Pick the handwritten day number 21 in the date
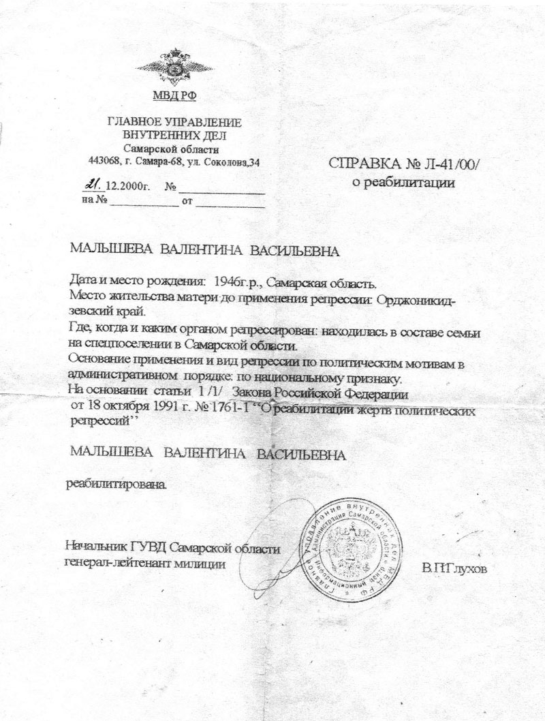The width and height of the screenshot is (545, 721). [93, 184]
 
